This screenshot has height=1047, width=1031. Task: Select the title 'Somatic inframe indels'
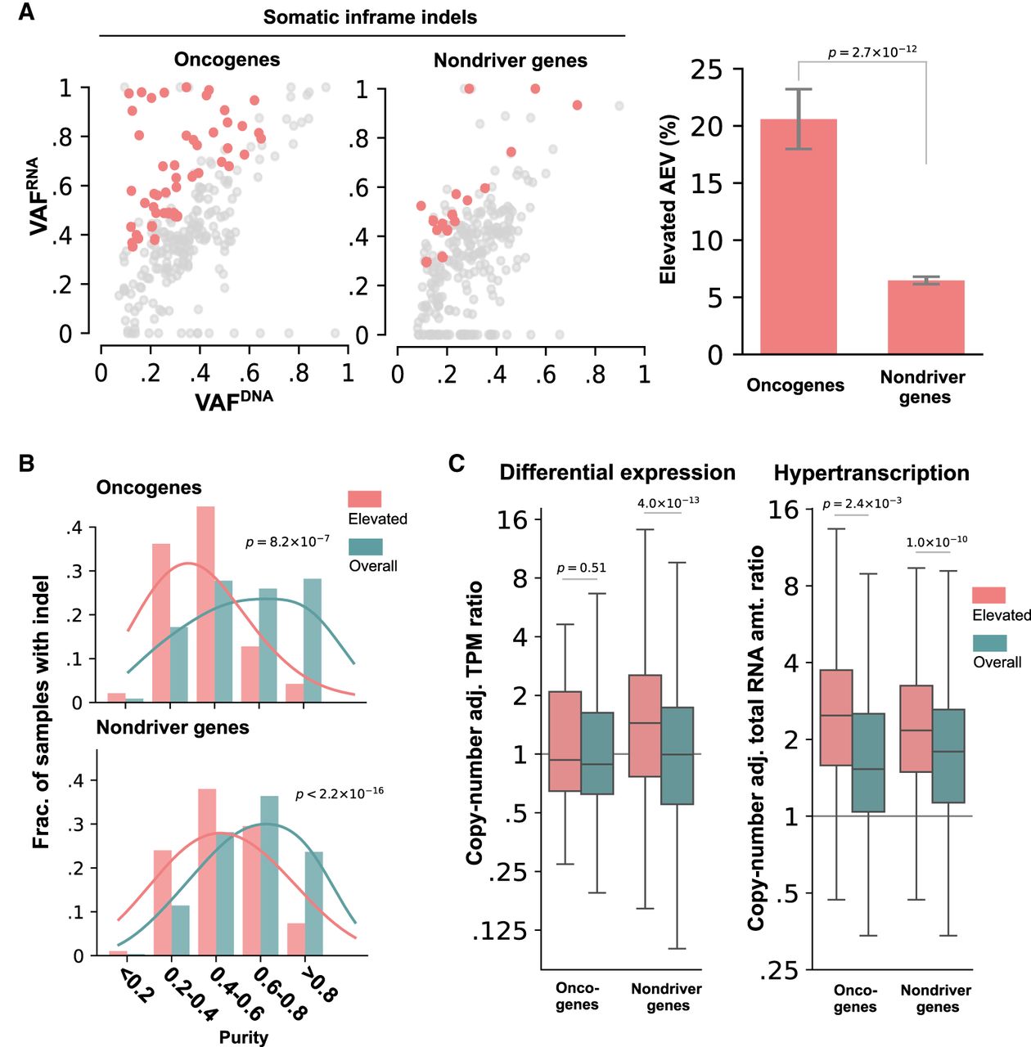[370, 17]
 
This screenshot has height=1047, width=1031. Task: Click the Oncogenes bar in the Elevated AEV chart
[798, 236]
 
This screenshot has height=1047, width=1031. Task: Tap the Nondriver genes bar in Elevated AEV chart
[925, 317]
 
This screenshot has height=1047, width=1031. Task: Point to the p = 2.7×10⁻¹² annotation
[872, 52]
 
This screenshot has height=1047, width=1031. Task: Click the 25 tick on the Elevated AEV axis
[706, 70]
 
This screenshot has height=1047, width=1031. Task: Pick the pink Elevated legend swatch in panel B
[365, 499]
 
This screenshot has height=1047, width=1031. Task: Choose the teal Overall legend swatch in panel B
[365, 546]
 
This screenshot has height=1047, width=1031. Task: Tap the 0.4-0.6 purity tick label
[238, 994]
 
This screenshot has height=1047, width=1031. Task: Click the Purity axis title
[243, 1037]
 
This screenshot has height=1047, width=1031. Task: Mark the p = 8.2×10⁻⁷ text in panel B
[287, 541]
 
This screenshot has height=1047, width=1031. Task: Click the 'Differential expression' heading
[617, 473]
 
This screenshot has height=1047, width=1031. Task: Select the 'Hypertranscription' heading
[871, 474]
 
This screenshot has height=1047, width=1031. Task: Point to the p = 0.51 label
[581, 568]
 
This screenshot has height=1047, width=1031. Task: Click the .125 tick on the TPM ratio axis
[499, 931]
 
